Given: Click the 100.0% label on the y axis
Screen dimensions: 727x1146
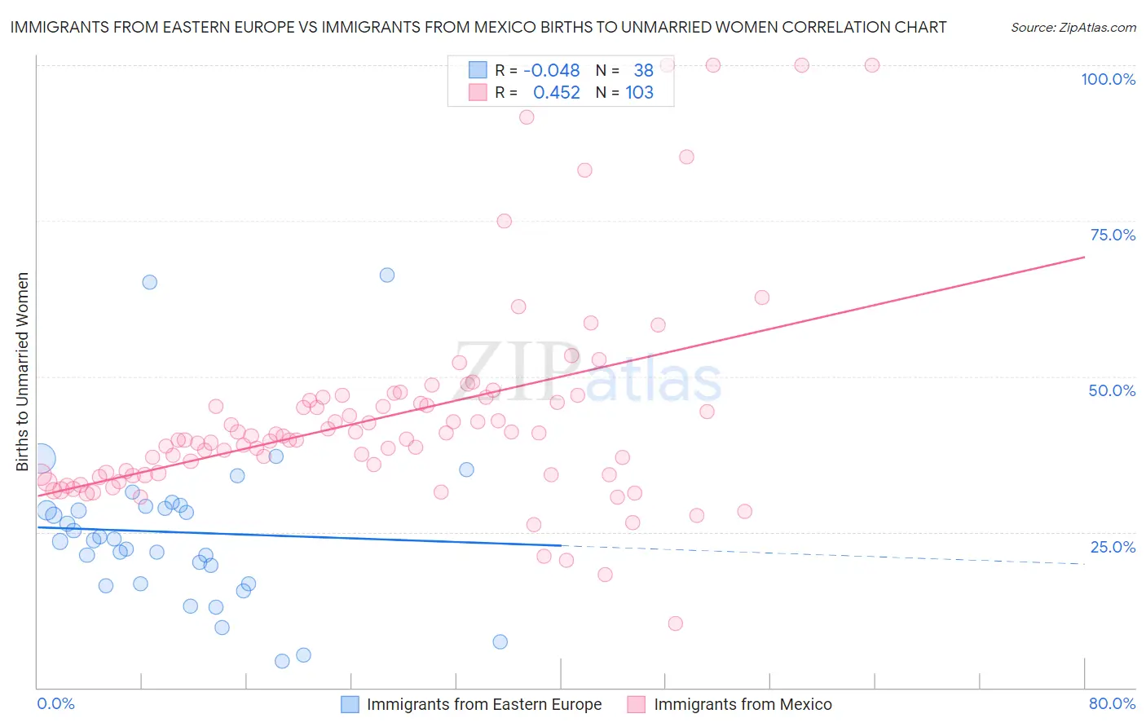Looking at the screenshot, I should (x=1108, y=79).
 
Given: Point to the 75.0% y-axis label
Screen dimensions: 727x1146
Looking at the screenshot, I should (x=1113, y=235).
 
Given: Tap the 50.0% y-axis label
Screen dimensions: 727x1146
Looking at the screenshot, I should (x=1112, y=390).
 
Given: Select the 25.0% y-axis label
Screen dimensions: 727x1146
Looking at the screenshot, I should (x=1113, y=547).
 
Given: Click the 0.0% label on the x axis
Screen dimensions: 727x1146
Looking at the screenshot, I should (x=55, y=703).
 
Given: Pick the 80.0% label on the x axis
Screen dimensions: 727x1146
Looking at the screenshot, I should (x=1112, y=703).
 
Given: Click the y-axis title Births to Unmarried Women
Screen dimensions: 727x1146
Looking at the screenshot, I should (x=22, y=372).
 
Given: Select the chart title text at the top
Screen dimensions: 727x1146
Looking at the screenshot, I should (x=478, y=27).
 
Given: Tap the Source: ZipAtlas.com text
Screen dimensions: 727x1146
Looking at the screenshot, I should (x=1073, y=28).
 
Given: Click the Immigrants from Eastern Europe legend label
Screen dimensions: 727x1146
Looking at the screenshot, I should (x=484, y=704).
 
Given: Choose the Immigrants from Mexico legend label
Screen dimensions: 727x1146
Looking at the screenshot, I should (x=743, y=704).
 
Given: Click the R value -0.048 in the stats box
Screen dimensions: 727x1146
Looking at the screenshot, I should (x=552, y=71).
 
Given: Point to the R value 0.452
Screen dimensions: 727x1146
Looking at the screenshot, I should (x=557, y=93).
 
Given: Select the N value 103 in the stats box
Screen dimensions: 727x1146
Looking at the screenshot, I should (x=639, y=93).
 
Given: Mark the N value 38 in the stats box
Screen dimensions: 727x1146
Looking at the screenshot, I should (x=643, y=71).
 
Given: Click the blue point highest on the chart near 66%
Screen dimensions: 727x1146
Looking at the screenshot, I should (x=387, y=275).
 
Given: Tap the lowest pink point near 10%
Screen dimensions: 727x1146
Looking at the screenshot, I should (x=675, y=623).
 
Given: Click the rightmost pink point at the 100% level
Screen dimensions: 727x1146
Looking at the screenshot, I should (x=872, y=65).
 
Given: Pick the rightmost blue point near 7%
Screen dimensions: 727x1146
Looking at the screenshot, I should (x=500, y=641).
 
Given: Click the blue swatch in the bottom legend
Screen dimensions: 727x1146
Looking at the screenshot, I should (x=350, y=704).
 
